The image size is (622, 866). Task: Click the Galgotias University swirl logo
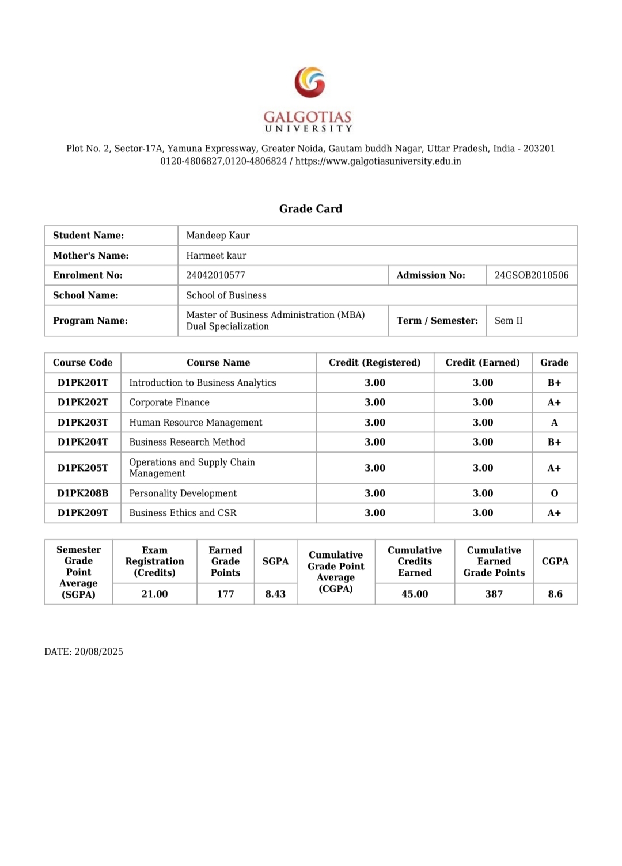(310, 82)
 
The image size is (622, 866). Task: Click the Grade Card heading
(310, 209)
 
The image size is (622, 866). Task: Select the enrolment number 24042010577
(215, 275)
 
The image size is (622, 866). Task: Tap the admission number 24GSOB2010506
(531, 275)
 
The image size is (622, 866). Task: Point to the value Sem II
(509, 321)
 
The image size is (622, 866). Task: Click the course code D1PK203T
(82, 423)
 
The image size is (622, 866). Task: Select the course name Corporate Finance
(169, 402)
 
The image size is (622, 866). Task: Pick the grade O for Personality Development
(554, 493)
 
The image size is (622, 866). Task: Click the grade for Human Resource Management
(554, 423)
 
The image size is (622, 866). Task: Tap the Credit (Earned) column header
(482, 363)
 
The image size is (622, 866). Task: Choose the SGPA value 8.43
(275, 594)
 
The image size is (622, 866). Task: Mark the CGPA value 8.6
(555, 594)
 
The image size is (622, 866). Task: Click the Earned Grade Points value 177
(225, 594)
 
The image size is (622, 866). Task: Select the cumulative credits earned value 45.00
(415, 594)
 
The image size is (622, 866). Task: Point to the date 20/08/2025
(98, 652)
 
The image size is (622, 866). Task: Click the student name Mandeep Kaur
(218, 236)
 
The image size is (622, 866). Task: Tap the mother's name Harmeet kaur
(216, 256)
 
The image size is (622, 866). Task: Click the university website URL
(378, 161)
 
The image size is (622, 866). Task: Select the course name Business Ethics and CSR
(183, 513)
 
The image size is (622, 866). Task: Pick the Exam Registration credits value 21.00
(154, 594)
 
